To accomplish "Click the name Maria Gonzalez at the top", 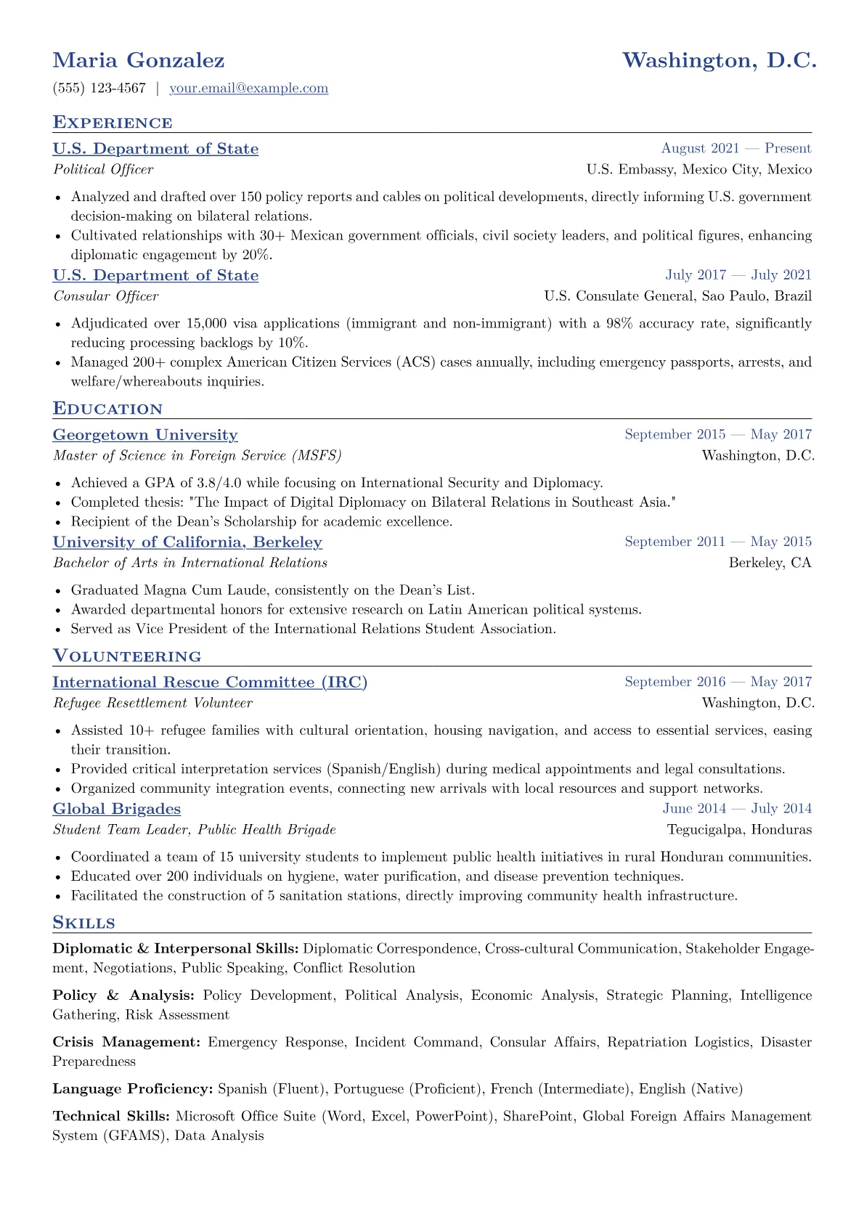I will pos(139,60).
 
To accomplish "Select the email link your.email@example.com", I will pos(248,89).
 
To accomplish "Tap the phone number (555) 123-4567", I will pos(99,89).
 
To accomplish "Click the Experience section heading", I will pos(113,122).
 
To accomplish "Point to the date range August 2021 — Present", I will pos(735,149).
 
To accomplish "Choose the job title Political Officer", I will pos(103,170).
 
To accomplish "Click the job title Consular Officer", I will pos(106,296).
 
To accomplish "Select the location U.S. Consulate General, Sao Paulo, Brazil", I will pos(677,296).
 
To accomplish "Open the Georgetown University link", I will pos(145,435).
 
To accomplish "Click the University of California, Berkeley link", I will pos(187,542).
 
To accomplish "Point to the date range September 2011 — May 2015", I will pos(717,542).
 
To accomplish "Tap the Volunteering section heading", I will pos(127,656).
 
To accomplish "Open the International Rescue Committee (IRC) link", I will pos(210,683).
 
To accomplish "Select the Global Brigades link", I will pos(117,809).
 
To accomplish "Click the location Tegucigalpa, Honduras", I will pos(739,830).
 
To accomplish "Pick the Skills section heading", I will pos(84,923).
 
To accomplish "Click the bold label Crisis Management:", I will pos(126,1043).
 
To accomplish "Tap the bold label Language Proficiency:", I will pos(133,1089).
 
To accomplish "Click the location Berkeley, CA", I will pos(770,563).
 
